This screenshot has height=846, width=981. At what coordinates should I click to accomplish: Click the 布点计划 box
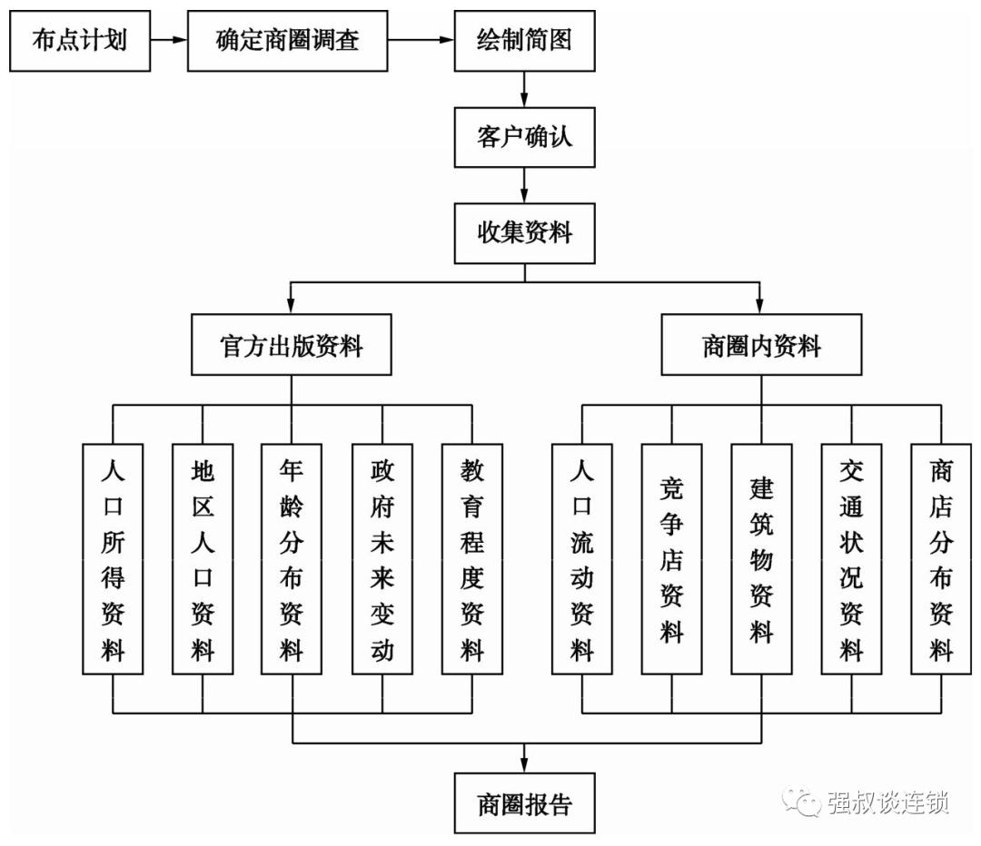(79, 41)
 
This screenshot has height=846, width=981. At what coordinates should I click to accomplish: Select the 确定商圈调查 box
(288, 41)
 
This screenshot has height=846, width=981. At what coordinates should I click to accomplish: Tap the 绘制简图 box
(524, 41)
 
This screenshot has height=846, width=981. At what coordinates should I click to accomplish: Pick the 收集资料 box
(524, 232)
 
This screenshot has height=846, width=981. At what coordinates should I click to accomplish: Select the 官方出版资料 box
(292, 345)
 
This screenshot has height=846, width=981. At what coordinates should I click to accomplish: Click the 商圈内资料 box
(761, 345)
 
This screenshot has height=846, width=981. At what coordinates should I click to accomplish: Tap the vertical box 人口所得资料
(113, 558)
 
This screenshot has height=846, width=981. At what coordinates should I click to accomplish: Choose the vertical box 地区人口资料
(202, 558)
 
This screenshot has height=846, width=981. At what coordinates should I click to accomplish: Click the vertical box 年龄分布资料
(292, 558)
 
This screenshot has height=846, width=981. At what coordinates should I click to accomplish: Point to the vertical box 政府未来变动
(381, 558)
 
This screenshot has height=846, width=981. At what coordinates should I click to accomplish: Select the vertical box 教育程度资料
(471, 558)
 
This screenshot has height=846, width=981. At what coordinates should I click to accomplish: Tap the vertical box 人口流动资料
(581, 558)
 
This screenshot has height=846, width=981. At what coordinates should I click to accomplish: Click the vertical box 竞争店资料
(671, 558)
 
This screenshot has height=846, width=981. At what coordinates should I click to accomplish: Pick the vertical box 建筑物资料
(761, 558)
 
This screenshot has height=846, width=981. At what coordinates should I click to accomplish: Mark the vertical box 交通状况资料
(851, 558)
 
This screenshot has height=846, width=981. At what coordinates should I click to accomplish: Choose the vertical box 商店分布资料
(941, 558)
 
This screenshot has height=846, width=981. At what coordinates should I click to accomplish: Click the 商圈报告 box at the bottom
(524, 803)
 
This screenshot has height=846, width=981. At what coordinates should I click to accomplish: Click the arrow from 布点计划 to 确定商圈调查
(168, 41)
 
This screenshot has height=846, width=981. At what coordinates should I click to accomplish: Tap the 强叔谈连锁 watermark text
(887, 802)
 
